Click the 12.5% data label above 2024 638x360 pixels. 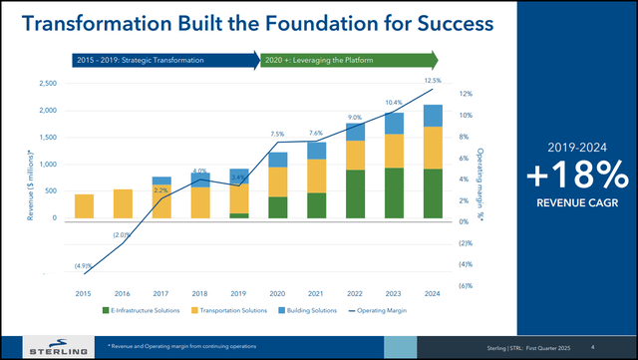[x=432, y=80]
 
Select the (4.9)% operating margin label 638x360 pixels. [x=84, y=266]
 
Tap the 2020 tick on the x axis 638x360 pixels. [x=278, y=292]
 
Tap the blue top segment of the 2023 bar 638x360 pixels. [x=395, y=123]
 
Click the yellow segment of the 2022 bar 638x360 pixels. [x=355, y=155]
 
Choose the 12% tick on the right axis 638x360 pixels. [x=465, y=95]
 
